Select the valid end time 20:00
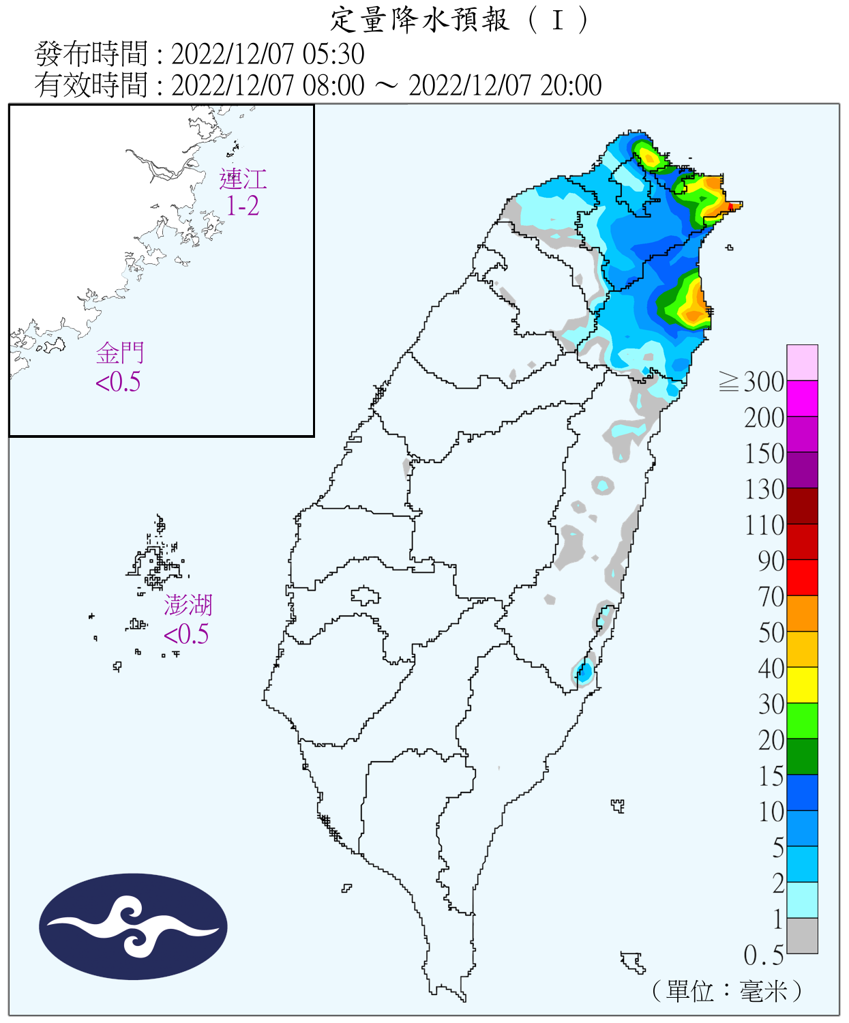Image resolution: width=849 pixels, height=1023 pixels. pos(571,86)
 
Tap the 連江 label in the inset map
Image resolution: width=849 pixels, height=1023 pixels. pos(243,179)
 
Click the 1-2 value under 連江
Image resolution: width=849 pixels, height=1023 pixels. pos(243,206)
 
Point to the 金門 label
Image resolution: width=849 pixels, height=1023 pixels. pos(120,353)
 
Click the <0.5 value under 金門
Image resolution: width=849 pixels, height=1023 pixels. pos(118,382)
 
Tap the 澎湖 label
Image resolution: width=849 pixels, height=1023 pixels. pos(188,605)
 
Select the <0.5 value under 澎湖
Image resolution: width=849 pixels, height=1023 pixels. pos(185,634)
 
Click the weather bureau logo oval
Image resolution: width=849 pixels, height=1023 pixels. pos(133,927)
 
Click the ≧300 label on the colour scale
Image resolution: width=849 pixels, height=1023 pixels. pos(752,382)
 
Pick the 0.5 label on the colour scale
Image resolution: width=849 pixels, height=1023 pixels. pos(763,955)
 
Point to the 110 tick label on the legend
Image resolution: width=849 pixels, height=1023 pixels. pos(764,525)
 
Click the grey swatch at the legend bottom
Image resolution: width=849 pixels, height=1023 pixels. pos(802,936)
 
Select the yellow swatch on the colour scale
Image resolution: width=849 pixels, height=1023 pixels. pos(802,685)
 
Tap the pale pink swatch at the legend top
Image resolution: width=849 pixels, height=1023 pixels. pos(802,362)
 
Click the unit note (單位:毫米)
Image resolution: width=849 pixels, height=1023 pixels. pos(726,990)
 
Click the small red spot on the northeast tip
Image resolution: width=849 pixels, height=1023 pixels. pos(731,205)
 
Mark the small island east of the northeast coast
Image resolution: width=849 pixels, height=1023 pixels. pos(730,248)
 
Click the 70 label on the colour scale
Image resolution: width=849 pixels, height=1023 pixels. pos(771,597)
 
